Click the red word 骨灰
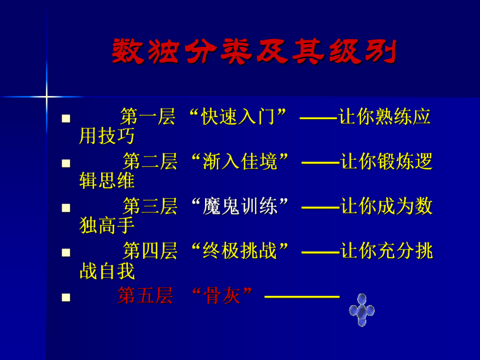coord(222,296)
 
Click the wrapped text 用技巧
coord(107,136)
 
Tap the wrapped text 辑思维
coord(107,181)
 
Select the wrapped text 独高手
coord(107,226)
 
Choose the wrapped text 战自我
coord(107,271)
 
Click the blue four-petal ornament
coord(362,310)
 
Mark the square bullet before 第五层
coord(66,297)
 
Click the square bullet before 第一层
coord(66,118)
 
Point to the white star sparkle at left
coord(46,97)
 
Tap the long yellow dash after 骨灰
coord(302,297)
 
